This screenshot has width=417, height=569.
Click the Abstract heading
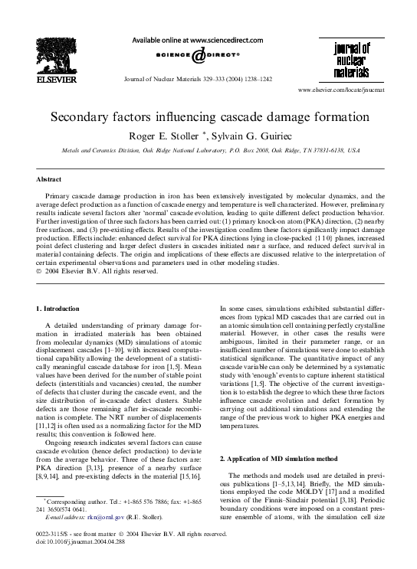50,179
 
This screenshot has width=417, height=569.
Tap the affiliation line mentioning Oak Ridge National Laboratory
207,151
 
